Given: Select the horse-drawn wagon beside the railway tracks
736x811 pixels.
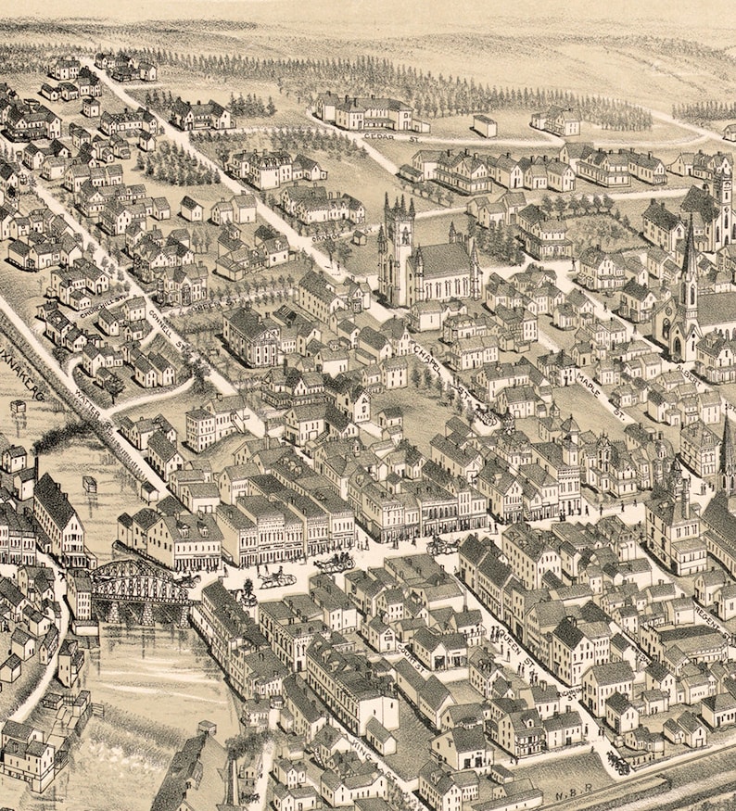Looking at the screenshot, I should tap(615, 762).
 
